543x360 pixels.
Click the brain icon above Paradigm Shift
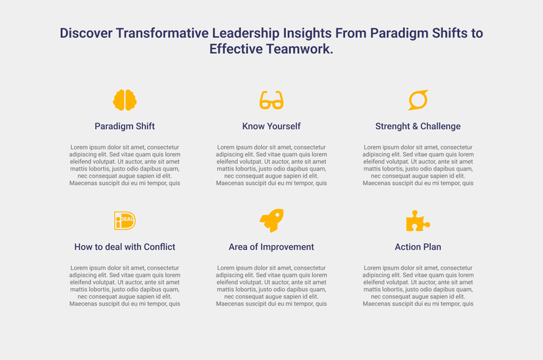tap(125, 100)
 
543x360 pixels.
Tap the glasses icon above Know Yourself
tap(271, 100)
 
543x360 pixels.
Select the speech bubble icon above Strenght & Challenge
tap(418, 100)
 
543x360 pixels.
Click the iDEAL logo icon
tap(125, 220)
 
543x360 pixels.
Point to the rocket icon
tap(271, 220)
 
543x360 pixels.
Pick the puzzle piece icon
tap(418, 221)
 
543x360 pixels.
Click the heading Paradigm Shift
tap(125, 127)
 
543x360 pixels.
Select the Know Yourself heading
tap(271, 127)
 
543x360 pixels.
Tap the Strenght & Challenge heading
tap(418, 127)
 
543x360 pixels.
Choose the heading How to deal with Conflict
tap(125, 247)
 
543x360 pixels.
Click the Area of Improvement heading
tap(271, 247)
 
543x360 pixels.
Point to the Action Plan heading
tap(418, 247)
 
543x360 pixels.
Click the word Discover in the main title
tap(86, 33)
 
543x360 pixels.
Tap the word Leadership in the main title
tap(245, 33)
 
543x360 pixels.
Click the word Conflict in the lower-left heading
tap(159, 247)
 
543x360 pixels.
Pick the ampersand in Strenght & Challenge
tap(415, 127)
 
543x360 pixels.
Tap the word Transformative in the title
tap(163, 33)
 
